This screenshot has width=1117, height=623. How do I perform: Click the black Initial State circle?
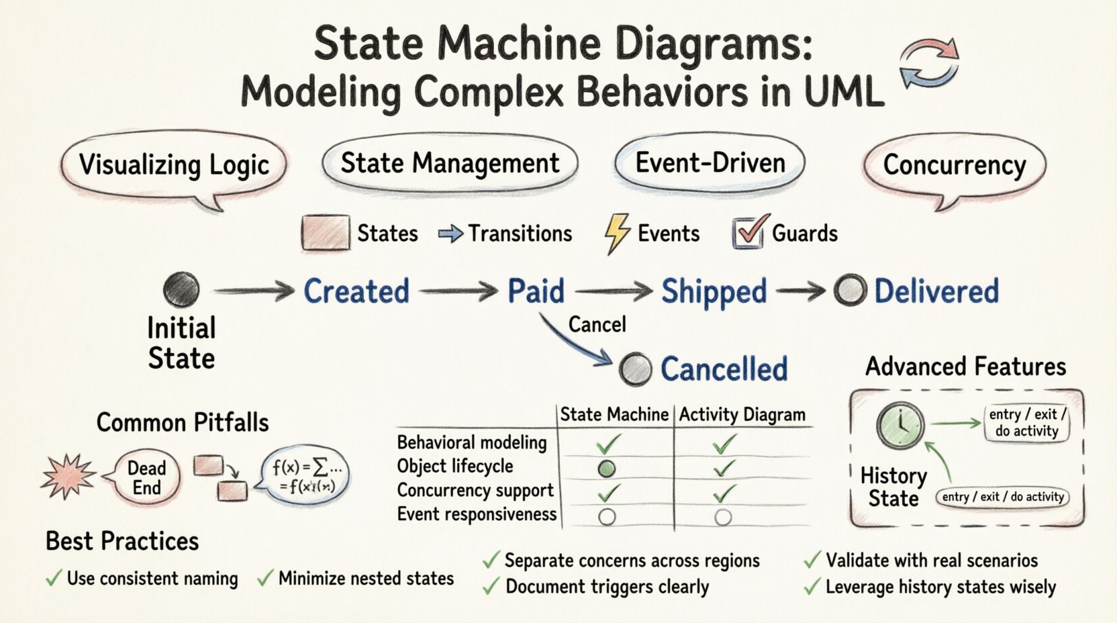pyautogui.click(x=181, y=290)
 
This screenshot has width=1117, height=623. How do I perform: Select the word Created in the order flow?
pyautogui.click(x=356, y=291)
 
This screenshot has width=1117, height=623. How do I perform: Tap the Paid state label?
pyautogui.click(x=536, y=291)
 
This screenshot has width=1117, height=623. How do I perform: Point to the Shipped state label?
pyautogui.click(x=714, y=292)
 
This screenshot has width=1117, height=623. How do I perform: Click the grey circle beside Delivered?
pyautogui.click(x=850, y=291)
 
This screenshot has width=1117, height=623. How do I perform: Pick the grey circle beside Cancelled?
pyautogui.click(x=635, y=369)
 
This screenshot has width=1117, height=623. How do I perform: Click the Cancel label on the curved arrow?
pyautogui.click(x=597, y=325)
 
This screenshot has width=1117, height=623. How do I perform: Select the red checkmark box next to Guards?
pyautogui.click(x=748, y=234)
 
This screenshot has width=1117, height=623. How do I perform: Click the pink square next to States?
pyautogui.click(x=326, y=233)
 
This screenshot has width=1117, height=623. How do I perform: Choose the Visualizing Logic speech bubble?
pyautogui.click(x=175, y=165)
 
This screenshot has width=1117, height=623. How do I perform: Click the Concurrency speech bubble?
pyautogui.click(x=954, y=165)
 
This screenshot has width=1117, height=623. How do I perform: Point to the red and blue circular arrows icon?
pyautogui.click(x=930, y=64)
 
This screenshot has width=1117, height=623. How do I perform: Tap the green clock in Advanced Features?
pyautogui.click(x=900, y=426)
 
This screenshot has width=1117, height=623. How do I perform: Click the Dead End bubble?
pyautogui.click(x=146, y=477)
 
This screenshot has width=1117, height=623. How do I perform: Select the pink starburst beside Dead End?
pyautogui.click(x=68, y=476)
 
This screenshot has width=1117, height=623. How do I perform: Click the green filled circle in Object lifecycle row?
pyautogui.click(x=606, y=469)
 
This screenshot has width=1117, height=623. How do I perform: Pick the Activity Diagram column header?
pyautogui.click(x=742, y=415)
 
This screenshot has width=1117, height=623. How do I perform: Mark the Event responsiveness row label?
pyautogui.click(x=477, y=514)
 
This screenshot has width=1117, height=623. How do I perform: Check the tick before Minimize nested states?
pyautogui.click(x=266, y=578)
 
